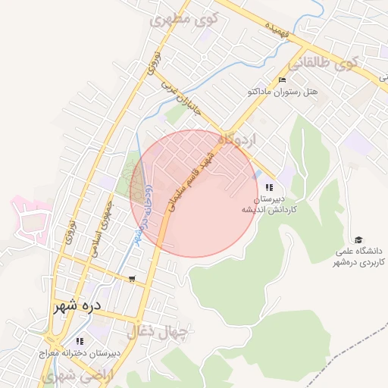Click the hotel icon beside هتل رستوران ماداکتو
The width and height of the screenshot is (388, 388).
pyautogui.click(x=283, y=80)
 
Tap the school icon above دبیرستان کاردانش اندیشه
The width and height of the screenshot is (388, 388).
pyautogui.click(x=269, y=188)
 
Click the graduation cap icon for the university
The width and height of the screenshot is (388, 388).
pyautogui.click(x=358, y=239)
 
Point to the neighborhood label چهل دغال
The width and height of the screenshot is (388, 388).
pyautogui.click(x=161, y=331)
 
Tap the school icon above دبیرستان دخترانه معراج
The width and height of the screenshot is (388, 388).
pyautogui.click(x=80, y=342)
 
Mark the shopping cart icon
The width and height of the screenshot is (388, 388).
pyautogui.click(x=133, y=279)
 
